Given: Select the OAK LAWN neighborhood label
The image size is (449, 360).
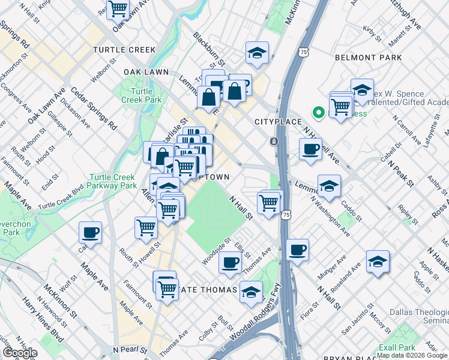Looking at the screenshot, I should (x=146, y=71).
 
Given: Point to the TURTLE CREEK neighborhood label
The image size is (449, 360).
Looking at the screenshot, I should (x=125, y=50).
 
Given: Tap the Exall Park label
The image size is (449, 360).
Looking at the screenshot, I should (x=397, y=347).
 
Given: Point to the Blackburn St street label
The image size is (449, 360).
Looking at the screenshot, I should (x=208, y=49).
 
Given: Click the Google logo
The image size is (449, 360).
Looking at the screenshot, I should (x=20, y=353).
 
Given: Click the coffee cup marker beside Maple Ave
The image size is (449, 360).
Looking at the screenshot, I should (x=90, y=232).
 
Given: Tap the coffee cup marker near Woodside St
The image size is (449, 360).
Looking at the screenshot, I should (x=229, y=262).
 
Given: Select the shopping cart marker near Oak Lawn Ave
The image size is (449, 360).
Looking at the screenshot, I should (x=118, y=9).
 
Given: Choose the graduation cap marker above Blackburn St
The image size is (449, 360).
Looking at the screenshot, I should (x=257, y=53).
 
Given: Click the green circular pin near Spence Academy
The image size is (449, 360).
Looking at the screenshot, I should (x=318, y=112).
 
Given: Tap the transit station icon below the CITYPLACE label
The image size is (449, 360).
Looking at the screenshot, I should (x=274, y=142).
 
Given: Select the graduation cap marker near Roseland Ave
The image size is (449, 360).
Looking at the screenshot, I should (x=378, y=262).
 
